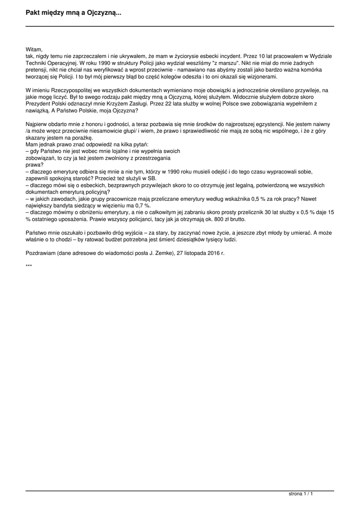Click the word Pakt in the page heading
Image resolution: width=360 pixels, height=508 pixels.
coord(34,13)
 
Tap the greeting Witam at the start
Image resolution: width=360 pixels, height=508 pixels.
coord(34,50)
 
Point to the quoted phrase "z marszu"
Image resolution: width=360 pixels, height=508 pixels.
coord(226,63)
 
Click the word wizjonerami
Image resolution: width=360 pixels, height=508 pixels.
coord(262,77)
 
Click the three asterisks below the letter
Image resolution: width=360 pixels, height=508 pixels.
coord(29,266)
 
